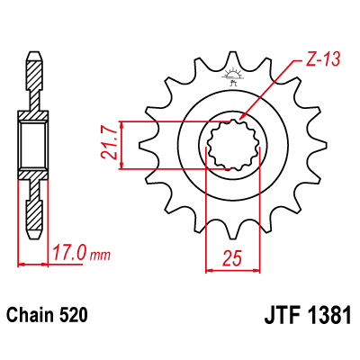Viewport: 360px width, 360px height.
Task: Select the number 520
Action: tap(74, 316)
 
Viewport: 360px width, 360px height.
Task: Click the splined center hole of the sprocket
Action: tap(238, 143)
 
